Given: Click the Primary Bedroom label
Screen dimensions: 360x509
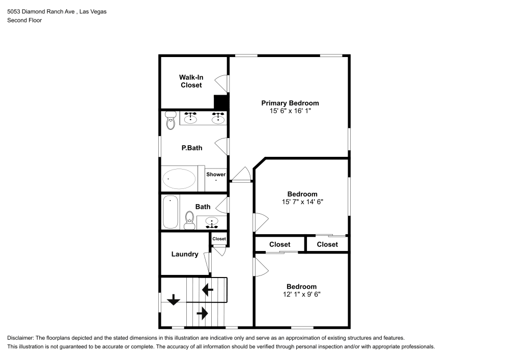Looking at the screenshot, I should pos(290,103).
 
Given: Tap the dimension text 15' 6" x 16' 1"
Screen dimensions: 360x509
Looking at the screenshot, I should pos(290,110).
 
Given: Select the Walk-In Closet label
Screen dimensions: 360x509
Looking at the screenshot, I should pos(191,81).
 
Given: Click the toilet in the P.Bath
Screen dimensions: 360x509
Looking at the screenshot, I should pos(170,121).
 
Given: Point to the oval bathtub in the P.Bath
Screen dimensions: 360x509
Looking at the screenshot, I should pos(179,179).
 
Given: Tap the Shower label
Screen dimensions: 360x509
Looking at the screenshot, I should pos(216,175).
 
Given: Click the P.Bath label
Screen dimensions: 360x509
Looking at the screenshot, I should pos(192,148).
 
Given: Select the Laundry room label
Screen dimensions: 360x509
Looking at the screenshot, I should pos(185,254).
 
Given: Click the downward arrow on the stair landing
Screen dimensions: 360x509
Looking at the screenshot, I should pos(174,300).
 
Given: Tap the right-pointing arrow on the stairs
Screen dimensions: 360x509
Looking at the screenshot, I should pos(202,313).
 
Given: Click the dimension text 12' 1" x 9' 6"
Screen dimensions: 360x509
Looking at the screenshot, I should pos(301,294).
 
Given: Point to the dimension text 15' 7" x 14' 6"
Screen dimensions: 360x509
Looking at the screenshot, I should pos(302,202).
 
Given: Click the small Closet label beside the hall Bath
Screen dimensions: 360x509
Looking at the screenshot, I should pos(219,239).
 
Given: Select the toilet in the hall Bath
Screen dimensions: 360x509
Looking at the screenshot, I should pos(189,219).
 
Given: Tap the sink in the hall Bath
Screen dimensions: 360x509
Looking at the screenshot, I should pos(212,221).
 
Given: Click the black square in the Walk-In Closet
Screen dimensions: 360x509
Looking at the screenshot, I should pos(220,102).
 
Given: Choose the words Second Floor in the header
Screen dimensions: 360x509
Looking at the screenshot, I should pos(24,20).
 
